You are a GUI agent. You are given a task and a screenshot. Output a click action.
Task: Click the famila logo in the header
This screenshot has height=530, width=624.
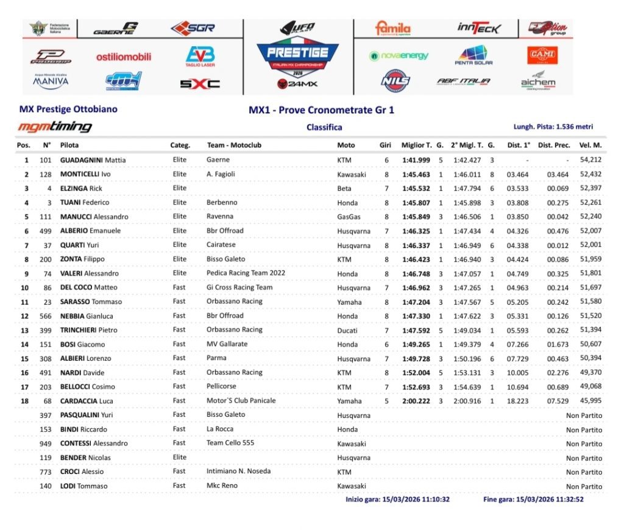392,28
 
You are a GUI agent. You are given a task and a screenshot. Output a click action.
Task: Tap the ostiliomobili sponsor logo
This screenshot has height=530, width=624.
124,57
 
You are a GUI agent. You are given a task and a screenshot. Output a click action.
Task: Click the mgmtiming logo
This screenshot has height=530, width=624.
55,127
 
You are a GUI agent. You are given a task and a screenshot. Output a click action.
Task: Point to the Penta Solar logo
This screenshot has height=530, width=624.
473,55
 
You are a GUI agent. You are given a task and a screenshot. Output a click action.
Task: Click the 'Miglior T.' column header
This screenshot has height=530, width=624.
416,146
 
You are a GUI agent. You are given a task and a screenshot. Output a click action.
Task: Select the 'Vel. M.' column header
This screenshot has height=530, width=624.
590,146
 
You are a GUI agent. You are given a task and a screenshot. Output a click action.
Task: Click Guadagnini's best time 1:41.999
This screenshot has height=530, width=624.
416,160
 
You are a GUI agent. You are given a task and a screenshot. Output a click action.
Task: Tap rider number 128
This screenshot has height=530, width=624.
46,174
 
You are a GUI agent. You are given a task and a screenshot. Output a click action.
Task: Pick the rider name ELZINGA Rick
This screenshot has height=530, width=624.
81,188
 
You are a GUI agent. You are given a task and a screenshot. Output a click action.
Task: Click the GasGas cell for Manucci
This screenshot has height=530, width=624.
349,217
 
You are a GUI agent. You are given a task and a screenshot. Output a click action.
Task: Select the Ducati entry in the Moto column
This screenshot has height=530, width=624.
347,330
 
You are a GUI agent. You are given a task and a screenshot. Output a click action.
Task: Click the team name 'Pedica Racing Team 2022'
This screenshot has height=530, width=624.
246,273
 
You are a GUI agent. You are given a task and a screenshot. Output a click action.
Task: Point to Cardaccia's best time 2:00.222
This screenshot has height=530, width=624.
416,401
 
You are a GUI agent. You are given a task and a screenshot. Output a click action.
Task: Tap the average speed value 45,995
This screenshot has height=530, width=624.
590,401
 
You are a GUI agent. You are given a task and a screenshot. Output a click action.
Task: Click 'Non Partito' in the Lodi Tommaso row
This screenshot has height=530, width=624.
584,486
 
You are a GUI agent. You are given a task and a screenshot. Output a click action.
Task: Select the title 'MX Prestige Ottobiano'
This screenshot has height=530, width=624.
68,110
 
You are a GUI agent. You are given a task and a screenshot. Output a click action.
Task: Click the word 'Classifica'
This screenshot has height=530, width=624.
324,127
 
